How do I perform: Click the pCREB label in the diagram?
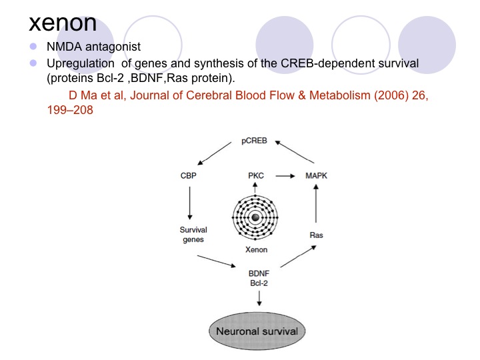255,141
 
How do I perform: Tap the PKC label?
255,175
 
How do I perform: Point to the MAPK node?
317,175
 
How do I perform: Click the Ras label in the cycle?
317,235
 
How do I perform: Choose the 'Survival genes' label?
193,235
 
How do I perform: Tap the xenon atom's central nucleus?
254,218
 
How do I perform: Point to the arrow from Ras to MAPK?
317,207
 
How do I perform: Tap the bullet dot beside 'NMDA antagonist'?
33,48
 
